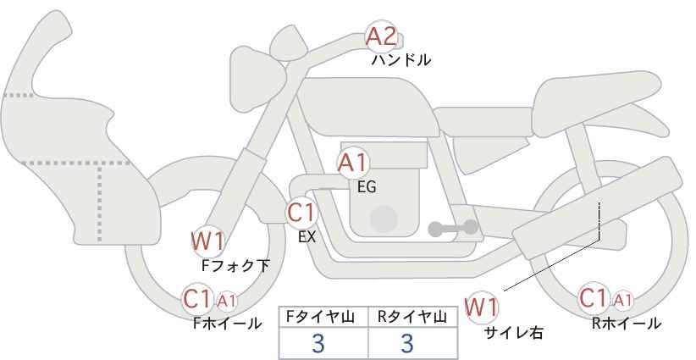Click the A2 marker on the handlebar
380,36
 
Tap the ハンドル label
401,60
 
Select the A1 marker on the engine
353,163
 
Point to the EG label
366,187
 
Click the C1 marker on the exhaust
301,212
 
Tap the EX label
307,237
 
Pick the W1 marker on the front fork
207,241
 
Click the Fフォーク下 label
235,265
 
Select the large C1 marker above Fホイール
197,299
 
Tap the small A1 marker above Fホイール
227,300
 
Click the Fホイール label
228,323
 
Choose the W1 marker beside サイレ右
482,307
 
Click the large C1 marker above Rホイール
594,299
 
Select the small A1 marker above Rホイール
622,300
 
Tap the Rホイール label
627,323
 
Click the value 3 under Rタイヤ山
406,343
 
